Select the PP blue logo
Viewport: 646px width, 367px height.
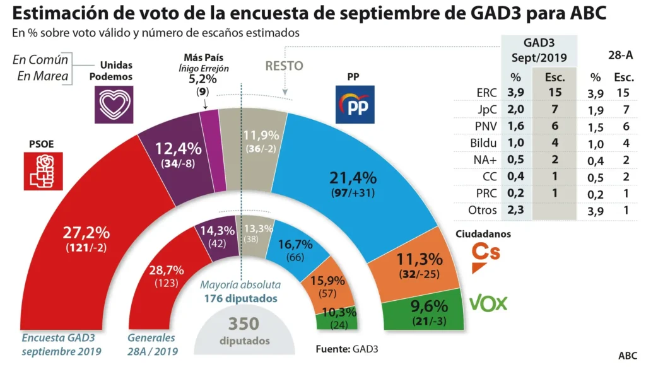tap(355, 104)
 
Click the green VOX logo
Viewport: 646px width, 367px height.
tap(488, 303)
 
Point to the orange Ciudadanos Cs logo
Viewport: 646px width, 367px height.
tap(486, 255)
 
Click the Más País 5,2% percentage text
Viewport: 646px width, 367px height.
tap(203, 80)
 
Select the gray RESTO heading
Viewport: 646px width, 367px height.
tap(284, 66)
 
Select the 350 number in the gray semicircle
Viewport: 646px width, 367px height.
tap(244, 323)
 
